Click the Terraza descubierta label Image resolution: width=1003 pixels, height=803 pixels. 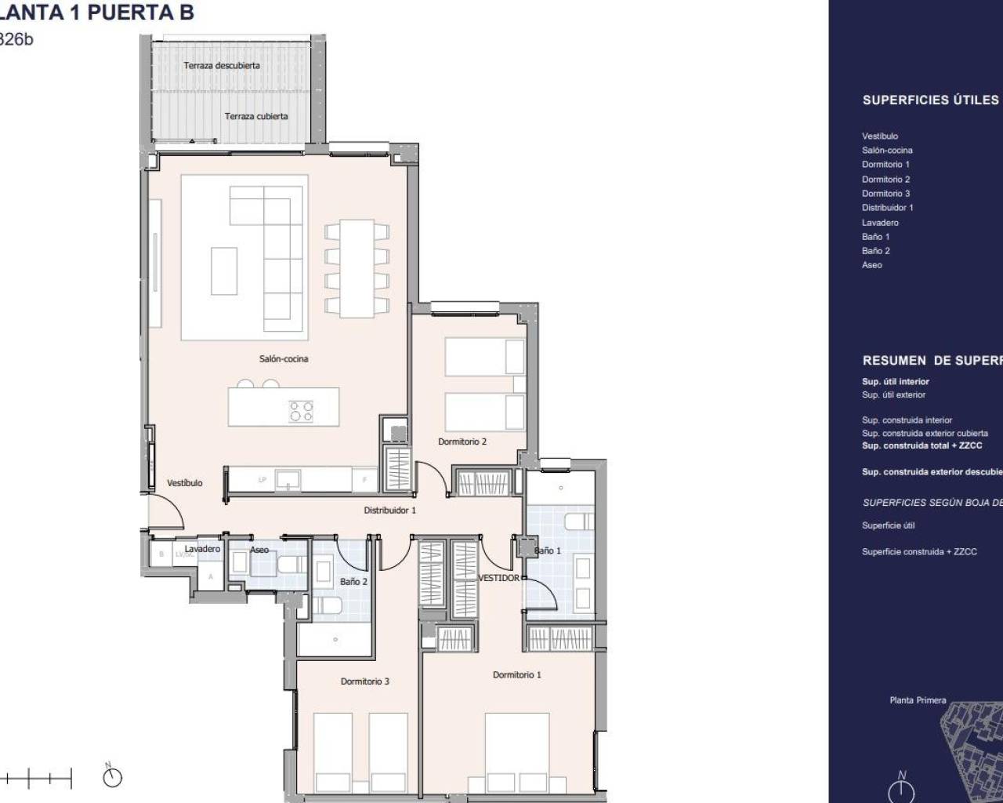pyautogui.click(x=222, y=66)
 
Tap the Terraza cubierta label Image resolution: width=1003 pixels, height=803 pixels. pyautogui.click(x=256, y=117)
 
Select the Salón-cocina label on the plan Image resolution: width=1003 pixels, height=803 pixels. pyautogui.click(x=284, y=359)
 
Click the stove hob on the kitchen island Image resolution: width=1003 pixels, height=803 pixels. pyautogui.click(x=302, y=411)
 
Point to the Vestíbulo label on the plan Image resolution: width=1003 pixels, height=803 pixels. pyautogui.click(x=185, y=483)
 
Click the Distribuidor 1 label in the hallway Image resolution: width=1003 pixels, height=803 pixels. pyautogui.click(x=389, y=511)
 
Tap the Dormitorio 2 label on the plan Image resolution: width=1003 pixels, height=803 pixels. pyautogui.click(x=462, y=442)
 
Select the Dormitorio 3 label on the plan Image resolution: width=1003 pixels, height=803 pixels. pyautogui.click(x=364, y=681)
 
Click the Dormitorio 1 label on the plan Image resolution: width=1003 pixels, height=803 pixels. pyautogui.click(x=516, y=675)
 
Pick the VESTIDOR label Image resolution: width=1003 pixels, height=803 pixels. pyautogui.click(x=499, y=578)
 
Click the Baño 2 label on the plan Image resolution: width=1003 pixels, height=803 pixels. pyautogui.click(x=353, y=582)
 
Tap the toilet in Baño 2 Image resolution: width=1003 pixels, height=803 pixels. pyautogui.click(x=327, y=606)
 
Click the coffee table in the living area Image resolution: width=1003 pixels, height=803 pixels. pyautogui.click(x=224, y=271)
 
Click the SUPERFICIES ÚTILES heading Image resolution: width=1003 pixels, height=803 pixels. pyautogui.click(x=930, y=100)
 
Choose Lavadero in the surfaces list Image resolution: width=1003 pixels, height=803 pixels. pyautogui.click(x=880, y=223)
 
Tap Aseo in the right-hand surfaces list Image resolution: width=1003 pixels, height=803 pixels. pyautogui.click(x=872, y=265)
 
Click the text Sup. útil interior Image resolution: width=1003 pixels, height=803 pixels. pyautogui.click(x=896, y=382)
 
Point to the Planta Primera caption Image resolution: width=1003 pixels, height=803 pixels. pyautogui.click(x=918, y=700)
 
